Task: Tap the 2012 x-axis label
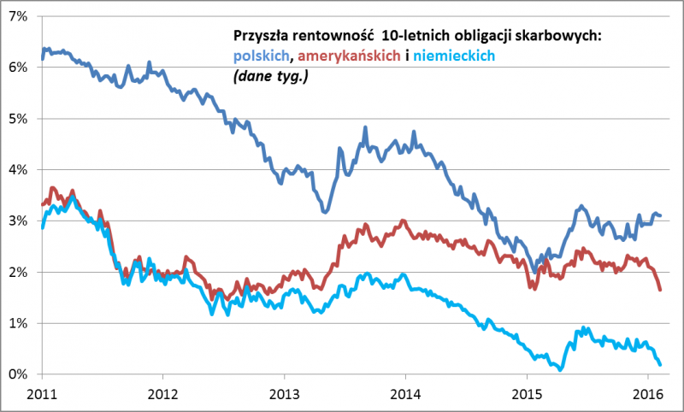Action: [x=162, y=394]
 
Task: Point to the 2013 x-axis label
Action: [x=284, y=394]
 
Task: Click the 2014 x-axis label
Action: [x=405, y=394]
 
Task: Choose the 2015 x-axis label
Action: [x=527, y=394]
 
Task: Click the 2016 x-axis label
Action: [x=648, y=394]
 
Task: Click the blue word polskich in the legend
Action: [x=260, y=56]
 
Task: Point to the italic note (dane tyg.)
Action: [x=268, y=76]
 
